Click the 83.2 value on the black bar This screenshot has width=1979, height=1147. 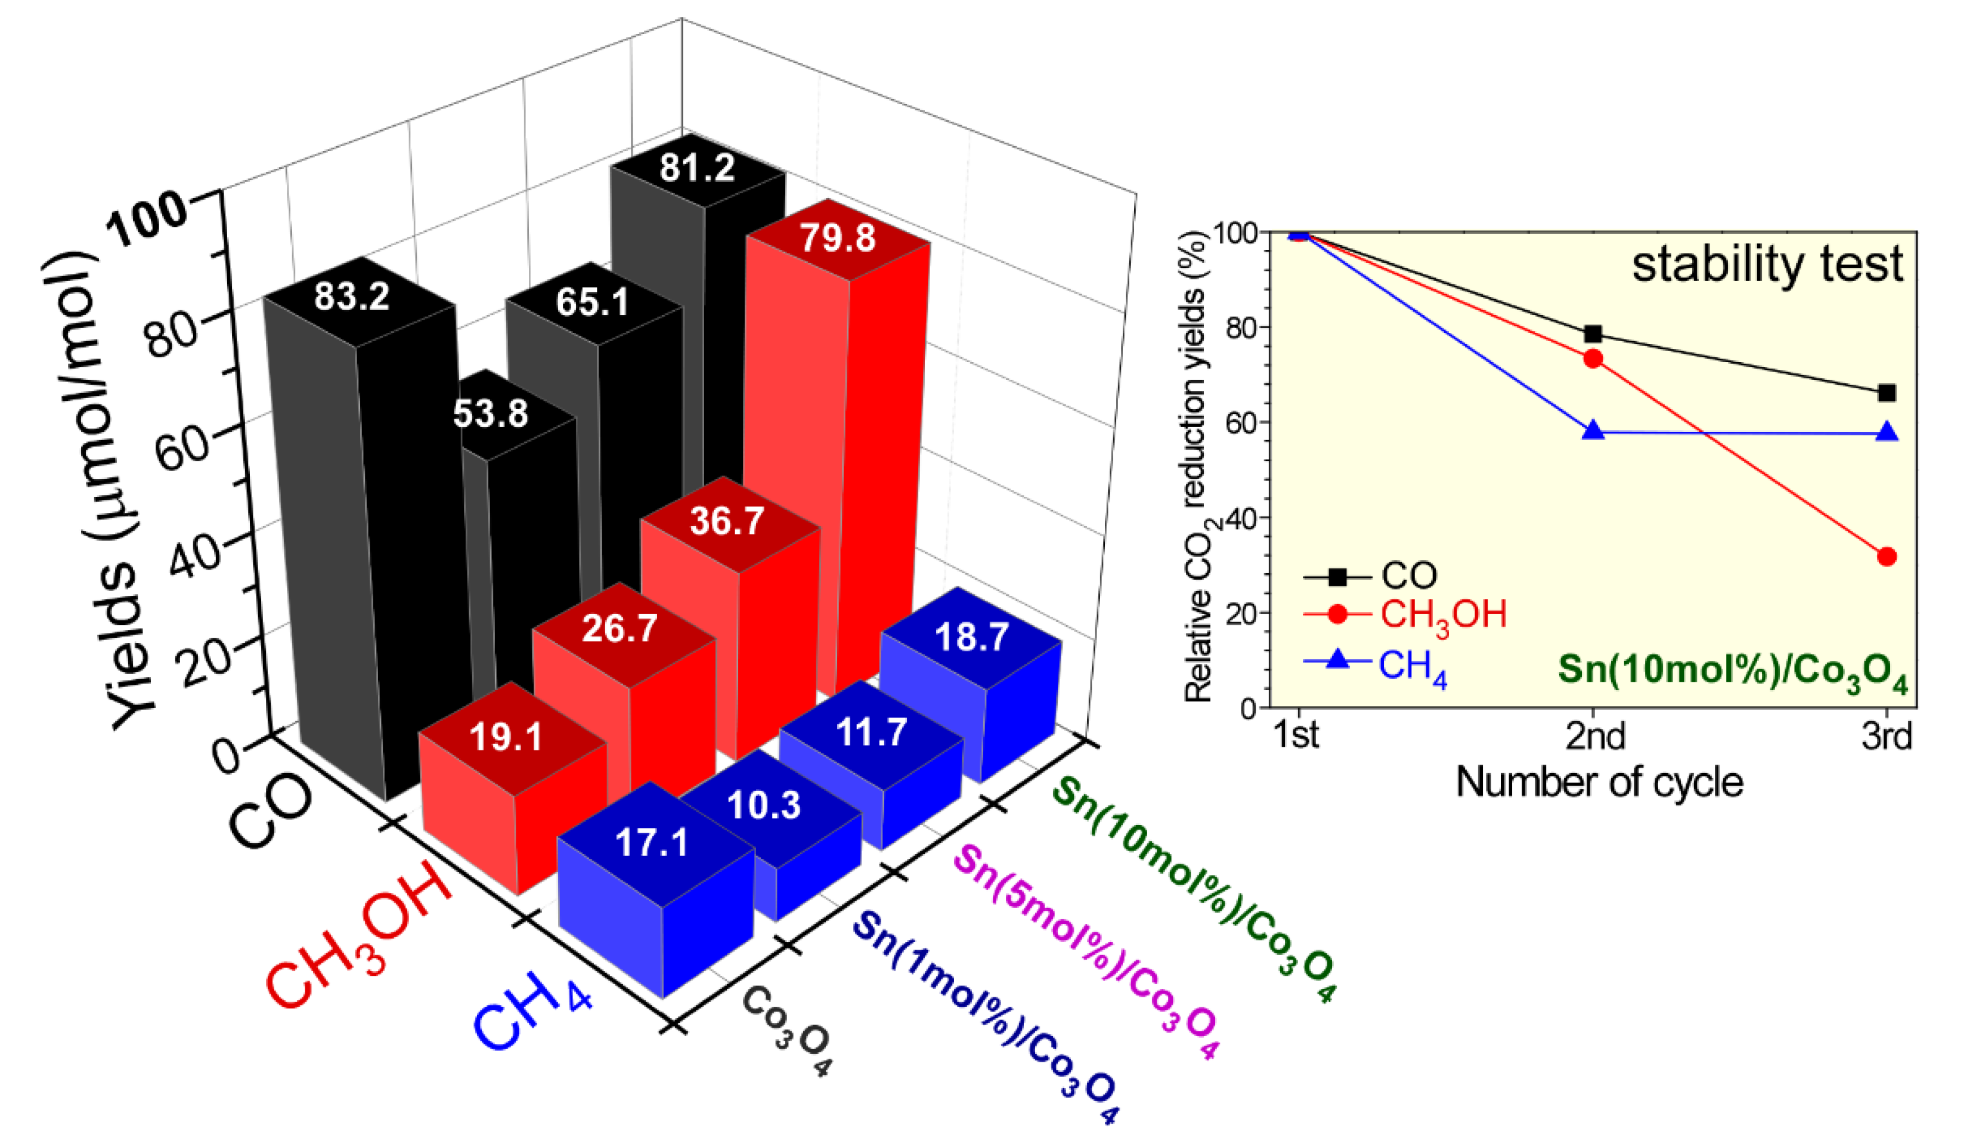click(x=352, y=297)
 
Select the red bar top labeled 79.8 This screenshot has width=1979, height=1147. click(x=837, y=237)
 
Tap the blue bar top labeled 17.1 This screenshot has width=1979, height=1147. click(x=651, y=843)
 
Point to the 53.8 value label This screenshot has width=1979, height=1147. click(x=491, y=413)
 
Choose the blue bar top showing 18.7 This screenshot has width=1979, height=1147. click(x=971, y=636)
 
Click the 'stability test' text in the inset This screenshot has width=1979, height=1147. click(x=1767, y=265)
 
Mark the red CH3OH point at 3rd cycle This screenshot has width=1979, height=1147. click(x=1887, y=557)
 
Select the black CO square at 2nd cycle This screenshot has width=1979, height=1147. click(x=1593, y=335)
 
